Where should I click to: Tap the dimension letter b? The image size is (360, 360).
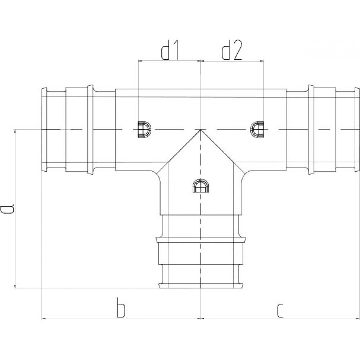pos(121,307)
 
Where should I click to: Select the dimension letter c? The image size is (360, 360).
pos(280,311)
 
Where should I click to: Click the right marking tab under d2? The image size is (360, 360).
pos(257,130)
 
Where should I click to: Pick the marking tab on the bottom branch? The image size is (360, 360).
pos(201,185)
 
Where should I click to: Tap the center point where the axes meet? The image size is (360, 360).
pos(201,130)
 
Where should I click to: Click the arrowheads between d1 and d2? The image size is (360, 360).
pos(201,61)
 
